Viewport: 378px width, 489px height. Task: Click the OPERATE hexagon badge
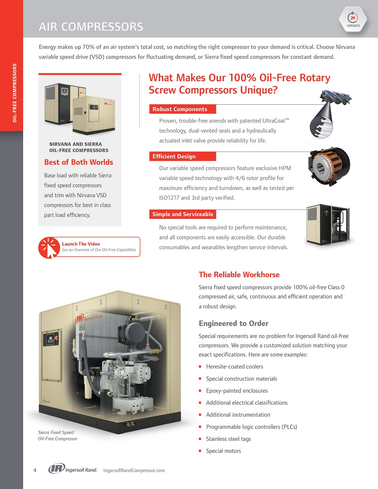pos(353,19)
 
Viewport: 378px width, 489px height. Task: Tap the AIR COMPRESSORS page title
pos(91,26)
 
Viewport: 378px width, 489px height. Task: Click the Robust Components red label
pos(183,109)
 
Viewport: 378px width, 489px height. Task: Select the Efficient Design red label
pos(183,156)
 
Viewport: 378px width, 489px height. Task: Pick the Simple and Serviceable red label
pos(183,214)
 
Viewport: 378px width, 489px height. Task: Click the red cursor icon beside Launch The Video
pos(49,248)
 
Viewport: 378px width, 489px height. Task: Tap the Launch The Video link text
pos(81,244)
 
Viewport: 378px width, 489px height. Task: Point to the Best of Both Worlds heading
pos(79,162)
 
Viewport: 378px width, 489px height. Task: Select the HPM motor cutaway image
pos(329,167)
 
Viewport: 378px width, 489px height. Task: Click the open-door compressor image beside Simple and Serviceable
pos(328,225)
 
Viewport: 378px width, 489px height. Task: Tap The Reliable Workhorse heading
pos(239,274)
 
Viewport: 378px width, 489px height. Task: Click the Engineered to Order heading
pos(234,323)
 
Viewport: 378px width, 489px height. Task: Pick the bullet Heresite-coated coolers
pos(234,367)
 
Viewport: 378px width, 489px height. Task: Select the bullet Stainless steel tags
pos(228,439)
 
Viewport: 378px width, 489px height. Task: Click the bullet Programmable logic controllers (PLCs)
pos(251,427)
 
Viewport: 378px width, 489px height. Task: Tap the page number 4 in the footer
pos(35,470)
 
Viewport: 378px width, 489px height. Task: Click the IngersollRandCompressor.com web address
pos(134,470)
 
